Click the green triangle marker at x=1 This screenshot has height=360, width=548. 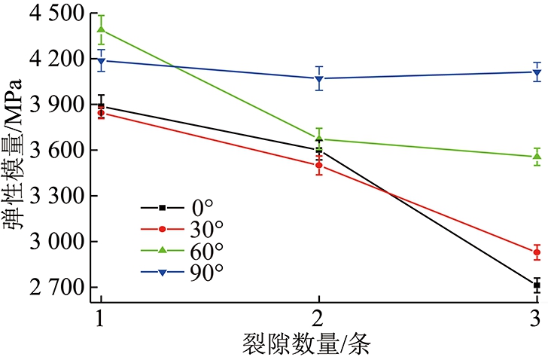pos(102,29)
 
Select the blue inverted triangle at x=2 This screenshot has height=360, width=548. pos(318,79)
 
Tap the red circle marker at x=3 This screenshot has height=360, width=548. pos(537,252)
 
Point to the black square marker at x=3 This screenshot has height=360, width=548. pos(537,285)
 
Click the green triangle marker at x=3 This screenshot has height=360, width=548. pos(537,156)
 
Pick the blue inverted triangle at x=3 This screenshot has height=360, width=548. pos(537,73)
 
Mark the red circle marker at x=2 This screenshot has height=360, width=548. pos(318,165)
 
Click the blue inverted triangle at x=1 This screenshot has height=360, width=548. pos(102,62)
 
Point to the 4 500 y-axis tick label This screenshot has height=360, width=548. pos(57,14)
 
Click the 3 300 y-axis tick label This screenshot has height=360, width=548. pos(57,196)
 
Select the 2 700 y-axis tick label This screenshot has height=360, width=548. pos(57,288)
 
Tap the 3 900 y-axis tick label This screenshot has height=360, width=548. pos(57,105)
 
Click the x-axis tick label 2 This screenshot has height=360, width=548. pos(318,319)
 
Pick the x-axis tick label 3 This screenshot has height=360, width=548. pos(535,319)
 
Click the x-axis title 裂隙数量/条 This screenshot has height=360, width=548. pos(306,345)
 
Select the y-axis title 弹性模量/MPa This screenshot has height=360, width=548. pos(14,154)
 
